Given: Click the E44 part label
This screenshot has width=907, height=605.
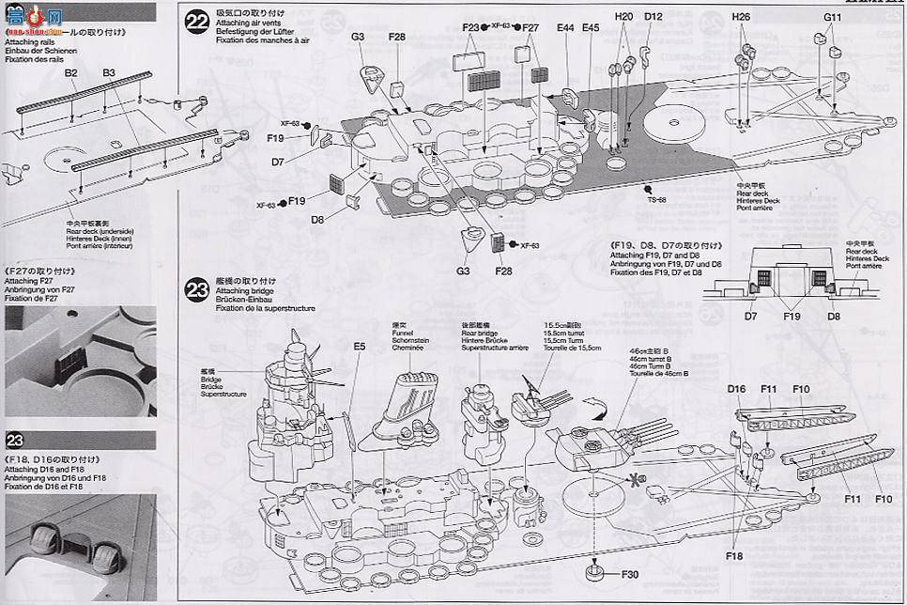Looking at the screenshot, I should (x=564, y=28).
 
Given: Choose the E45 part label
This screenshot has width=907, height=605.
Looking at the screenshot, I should (x=590, y=28).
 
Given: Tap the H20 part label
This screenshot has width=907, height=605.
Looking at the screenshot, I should (x=624, y=17).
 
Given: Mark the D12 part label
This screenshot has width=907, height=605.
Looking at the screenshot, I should (x=653, y=17).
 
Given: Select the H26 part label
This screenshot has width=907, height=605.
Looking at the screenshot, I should (x=742, y=17).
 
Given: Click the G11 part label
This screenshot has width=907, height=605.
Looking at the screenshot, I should (x=833, y=17).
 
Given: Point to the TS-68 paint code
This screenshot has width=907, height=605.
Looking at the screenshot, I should (x=654, y=199).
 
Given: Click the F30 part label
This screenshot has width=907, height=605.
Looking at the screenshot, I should (x=629, y=575).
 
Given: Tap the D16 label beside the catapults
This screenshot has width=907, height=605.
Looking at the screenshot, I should (x=736, y=388).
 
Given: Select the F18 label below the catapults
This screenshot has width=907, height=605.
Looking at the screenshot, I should (x=733, y=556).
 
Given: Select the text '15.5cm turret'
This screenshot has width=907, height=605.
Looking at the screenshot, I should (x=562, y=334).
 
